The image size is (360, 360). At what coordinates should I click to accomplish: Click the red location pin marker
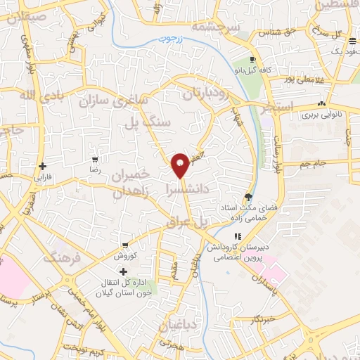(x=180, y=165)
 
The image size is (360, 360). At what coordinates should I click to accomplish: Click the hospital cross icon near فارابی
(x=44, y=167)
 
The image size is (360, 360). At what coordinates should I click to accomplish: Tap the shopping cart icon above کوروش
(x=124, y=245)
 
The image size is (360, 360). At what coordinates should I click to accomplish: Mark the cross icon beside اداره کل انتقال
(x=124, y=272)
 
